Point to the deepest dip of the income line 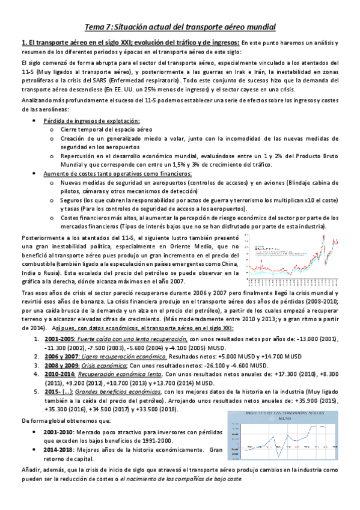coord(273,448)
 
